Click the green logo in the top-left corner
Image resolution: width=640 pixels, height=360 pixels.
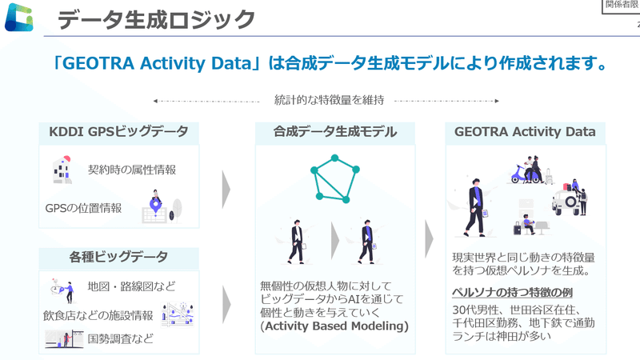tap(19, 18)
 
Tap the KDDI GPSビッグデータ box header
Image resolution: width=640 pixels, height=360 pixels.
tap(118, 132)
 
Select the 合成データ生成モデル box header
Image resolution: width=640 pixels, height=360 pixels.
tap(334, 132)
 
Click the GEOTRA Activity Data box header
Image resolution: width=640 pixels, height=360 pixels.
tap(530, 132)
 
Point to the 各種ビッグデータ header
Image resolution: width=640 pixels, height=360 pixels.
tap(118, 257)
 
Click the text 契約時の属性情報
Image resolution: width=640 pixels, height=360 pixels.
tap(132, 170)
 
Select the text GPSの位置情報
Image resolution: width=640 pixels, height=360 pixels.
tap(83, 208)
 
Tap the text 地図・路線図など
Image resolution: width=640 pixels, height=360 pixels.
tap(131, 286)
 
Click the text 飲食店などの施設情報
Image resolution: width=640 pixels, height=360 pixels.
tap(99, 314)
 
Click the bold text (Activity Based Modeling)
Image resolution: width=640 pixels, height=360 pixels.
tap(334, 327)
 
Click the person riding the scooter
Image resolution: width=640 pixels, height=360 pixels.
tap(528, 172)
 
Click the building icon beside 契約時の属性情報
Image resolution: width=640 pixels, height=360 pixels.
tap(62, 170)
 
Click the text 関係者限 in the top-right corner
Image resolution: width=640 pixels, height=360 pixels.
tap(622, 6)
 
